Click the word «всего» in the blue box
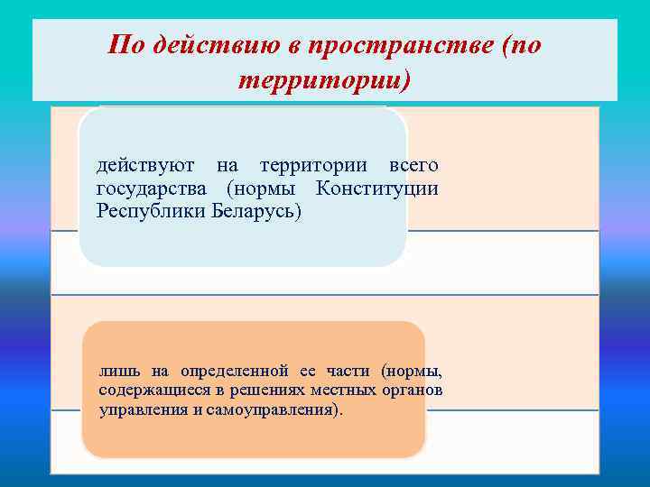(413, 166)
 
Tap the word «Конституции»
(377, 188)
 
